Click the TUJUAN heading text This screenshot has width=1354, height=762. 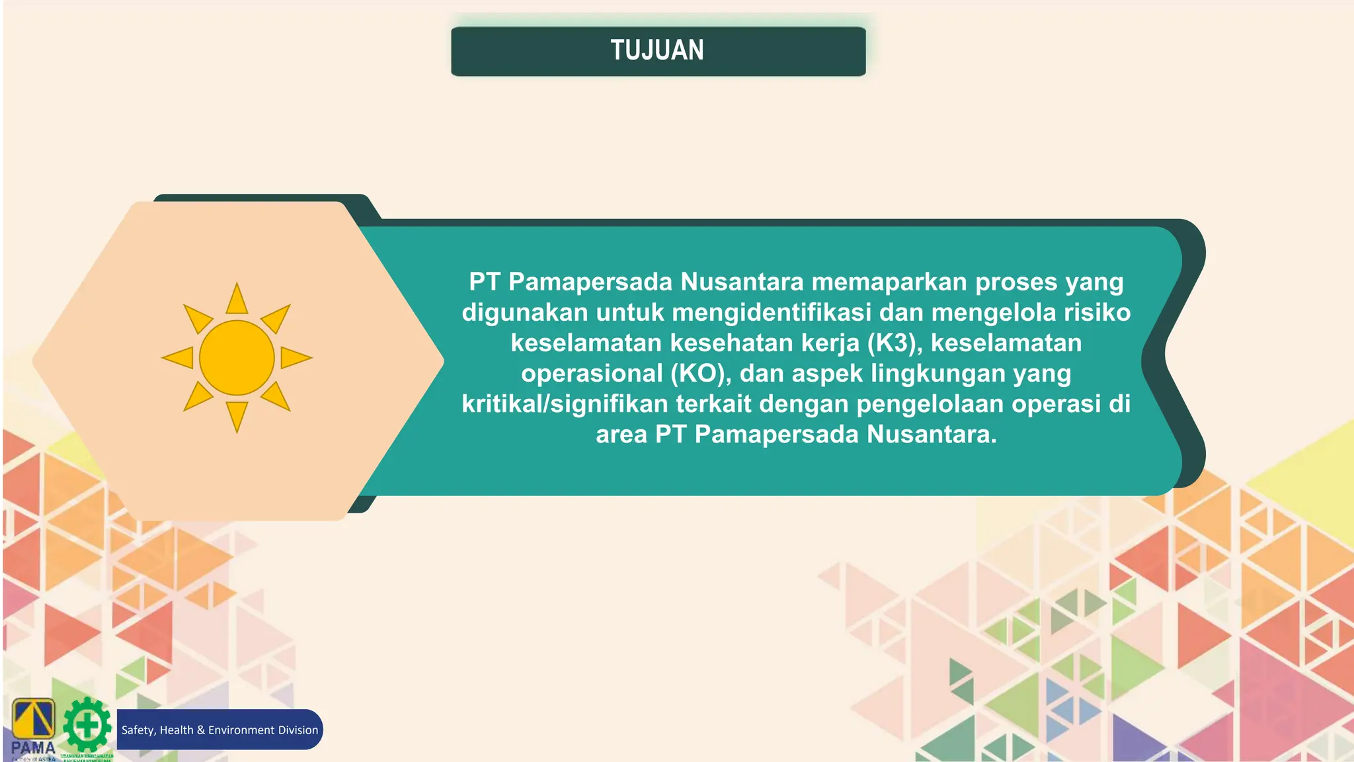[657, 50]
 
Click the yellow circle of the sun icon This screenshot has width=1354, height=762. [237, 358]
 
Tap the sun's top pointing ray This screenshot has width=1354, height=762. [237, 300]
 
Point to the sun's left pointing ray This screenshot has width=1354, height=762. [179, 358]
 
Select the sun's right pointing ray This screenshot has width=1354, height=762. [294, 358]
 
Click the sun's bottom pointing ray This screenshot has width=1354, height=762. [237, 415]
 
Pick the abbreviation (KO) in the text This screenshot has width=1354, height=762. [701, 373]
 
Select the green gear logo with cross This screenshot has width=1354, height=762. [87, 726]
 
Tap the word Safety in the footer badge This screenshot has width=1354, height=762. [138, 730]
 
